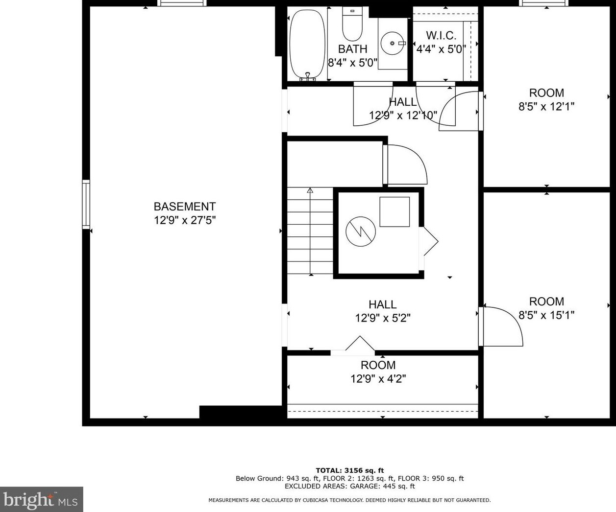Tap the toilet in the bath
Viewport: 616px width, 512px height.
(x=352, y=24)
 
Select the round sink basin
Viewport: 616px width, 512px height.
(x=393, y=44)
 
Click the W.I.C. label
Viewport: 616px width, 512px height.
(x=441, y=36)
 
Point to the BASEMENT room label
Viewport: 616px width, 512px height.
(x=185, y=207)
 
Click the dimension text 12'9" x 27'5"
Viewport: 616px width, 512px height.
(x=185, y=220)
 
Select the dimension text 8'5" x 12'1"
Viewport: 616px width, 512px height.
(x=546, y=106)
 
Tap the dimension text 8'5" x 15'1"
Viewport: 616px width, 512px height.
(x=546, y=315)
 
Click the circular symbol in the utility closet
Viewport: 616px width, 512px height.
(x=361, y=232)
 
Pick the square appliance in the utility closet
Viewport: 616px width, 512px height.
(x=394, y=211)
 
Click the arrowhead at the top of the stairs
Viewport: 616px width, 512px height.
(x=310, y=190)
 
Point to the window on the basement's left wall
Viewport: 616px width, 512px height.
(x=86, y=204)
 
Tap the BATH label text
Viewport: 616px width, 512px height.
(x=352, y=49)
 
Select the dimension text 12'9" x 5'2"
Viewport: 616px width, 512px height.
(x=383, y=318)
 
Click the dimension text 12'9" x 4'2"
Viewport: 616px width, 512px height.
(x=378, y=378)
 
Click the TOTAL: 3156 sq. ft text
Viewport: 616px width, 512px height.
(x=349, y=470)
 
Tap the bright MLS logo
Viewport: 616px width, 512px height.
(x=41, y=499)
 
